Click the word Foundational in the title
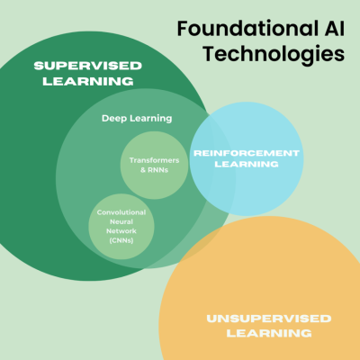point(247,29)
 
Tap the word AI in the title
point(335,29)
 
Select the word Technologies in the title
point(274,55)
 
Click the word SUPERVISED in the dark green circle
point(87,66)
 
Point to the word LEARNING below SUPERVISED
point(88,81)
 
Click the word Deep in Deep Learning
point(114,119)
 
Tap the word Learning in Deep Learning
point(151,119)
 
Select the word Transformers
point(154,160)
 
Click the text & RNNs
point(154,170)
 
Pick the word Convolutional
point(121,212)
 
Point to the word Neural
point(121,221)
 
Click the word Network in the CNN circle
point(121,231)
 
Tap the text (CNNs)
point(121,240)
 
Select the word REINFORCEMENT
point(247,153)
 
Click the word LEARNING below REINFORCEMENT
point(247,164)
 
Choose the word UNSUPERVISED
point(269,319)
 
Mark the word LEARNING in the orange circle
point(269,333)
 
